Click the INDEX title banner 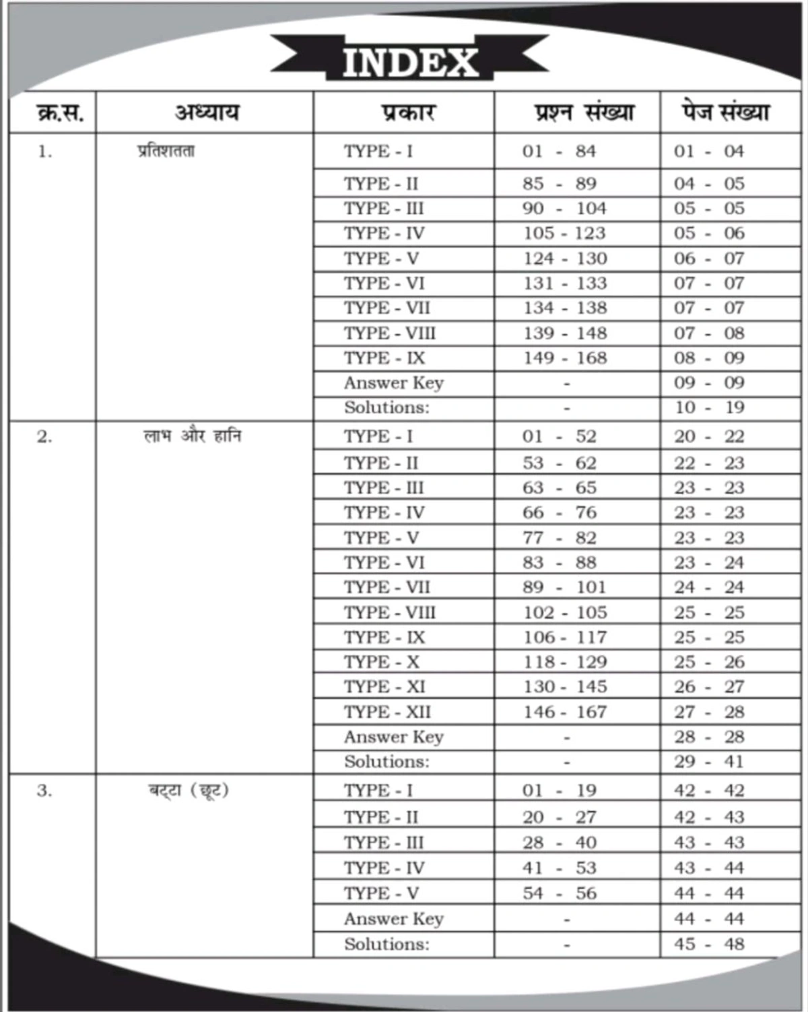(x=410, y=62)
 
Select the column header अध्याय (x=207, y=112)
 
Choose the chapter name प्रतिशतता (x=166, y=151)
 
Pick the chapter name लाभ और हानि (x=193, y=437)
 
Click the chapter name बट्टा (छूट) (x=189, y=790)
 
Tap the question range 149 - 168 (x=566, y=358)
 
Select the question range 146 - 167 (x=566, y=711)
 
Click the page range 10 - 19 (x=709, y=407)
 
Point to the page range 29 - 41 (x=709, y=761)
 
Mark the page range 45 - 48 (x=709, y=944)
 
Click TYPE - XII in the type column (x=387, y=711)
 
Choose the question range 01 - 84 (x=560, y=151)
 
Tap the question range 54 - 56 (x=560, y=893)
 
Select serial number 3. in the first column (x=44, y=790)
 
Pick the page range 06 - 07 (x=709, y=258)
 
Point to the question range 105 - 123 (x=566, y=233)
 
